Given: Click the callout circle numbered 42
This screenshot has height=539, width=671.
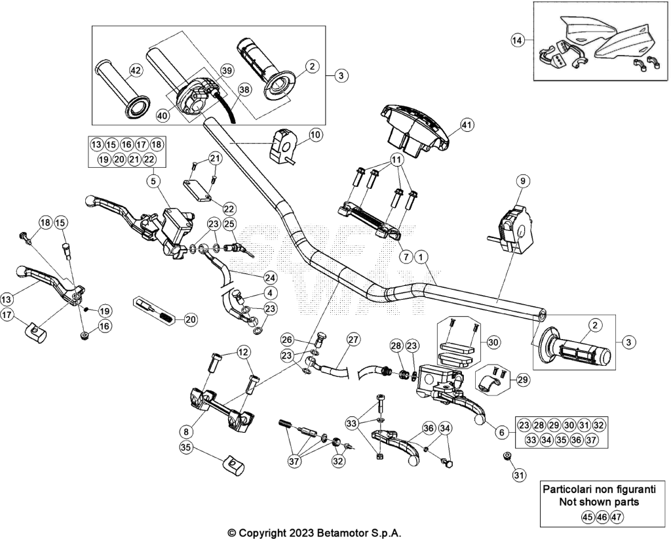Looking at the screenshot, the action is (135, 71).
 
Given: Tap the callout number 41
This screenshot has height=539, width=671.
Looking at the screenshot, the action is (467, 125).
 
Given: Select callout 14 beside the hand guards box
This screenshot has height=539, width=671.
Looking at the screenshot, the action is (517, 40).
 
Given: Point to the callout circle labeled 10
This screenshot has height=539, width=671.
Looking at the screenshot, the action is (315, 135).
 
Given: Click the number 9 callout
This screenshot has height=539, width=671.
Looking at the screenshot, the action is (522, 181).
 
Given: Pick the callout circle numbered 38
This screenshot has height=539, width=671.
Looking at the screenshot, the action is (244, 90).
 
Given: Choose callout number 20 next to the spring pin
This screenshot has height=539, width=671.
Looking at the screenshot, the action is (191, 319).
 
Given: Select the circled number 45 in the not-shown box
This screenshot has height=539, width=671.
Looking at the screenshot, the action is (588, 517).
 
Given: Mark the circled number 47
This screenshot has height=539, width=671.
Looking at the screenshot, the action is (616, 517).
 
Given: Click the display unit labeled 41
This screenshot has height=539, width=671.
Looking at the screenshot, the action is (415, 129).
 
